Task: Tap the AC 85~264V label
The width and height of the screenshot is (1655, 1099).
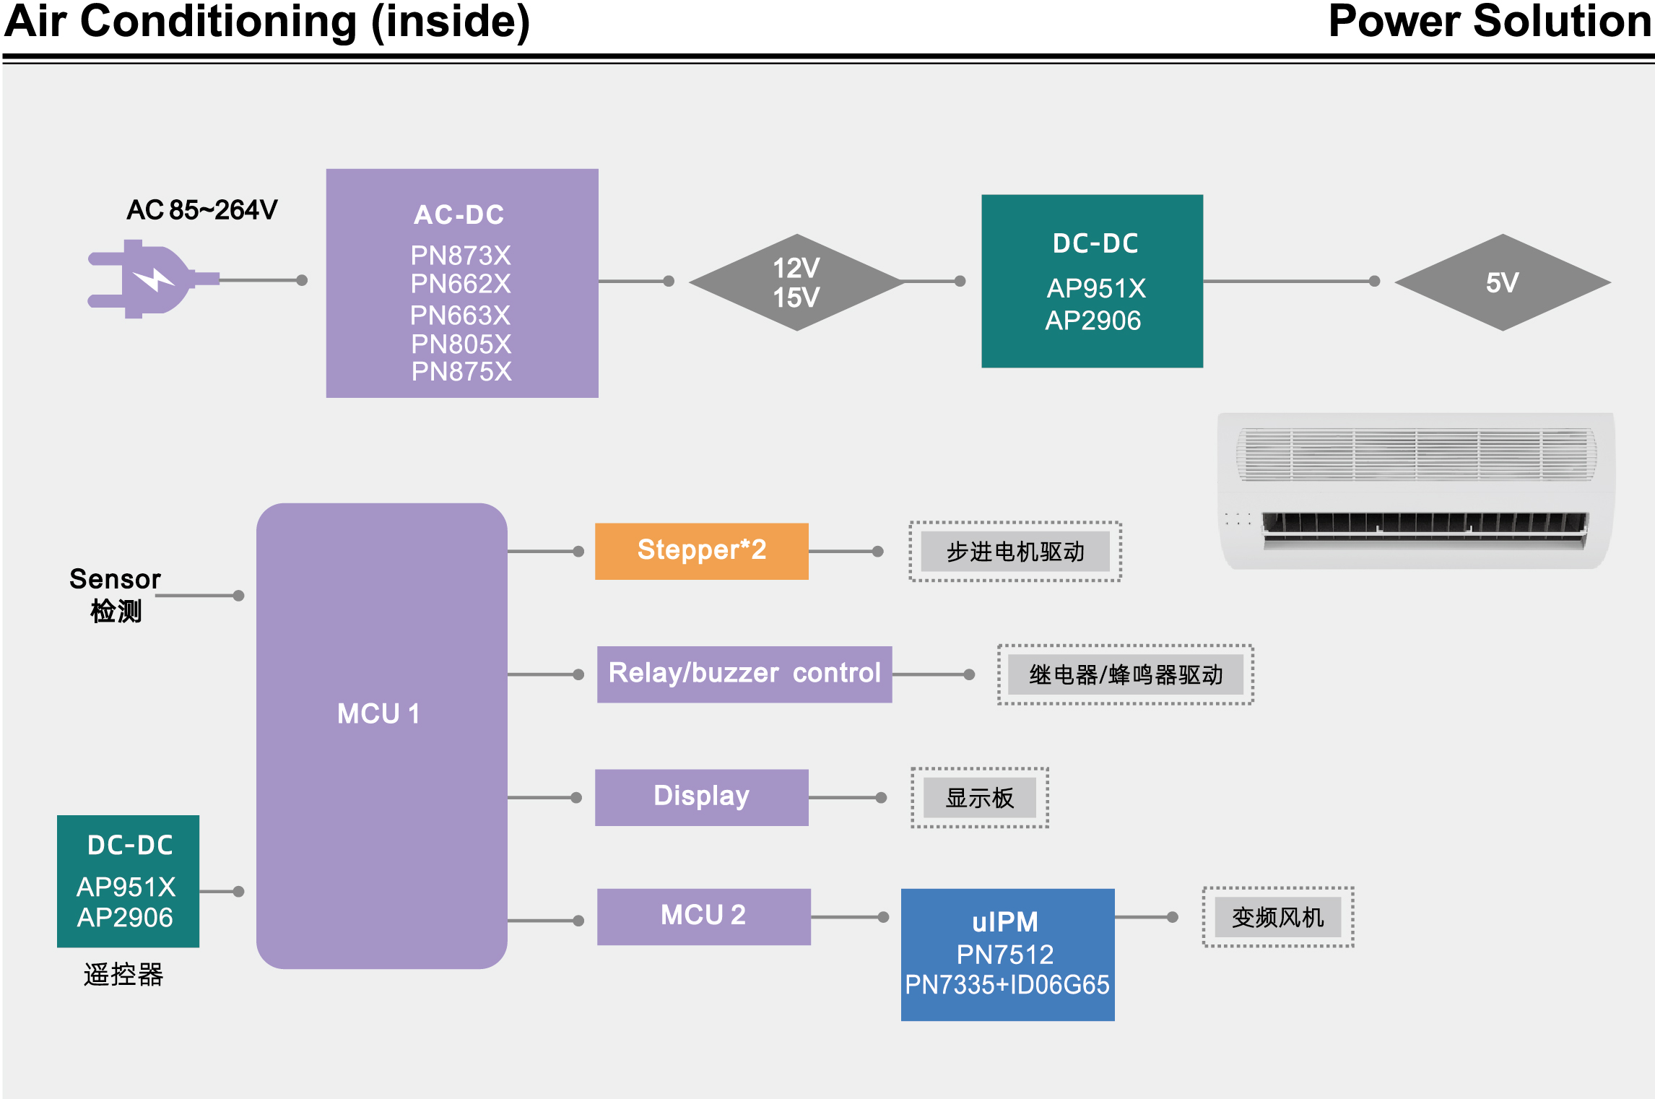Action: pos(201,210)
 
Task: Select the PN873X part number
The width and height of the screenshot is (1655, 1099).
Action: pos(461,256)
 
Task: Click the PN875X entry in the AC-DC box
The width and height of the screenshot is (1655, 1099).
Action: pos(461,372)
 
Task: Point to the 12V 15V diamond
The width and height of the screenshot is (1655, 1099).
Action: pos(796,282)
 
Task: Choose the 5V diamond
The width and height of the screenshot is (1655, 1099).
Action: pos(1503,282)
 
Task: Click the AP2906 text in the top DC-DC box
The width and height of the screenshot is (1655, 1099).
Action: pos(1093,321)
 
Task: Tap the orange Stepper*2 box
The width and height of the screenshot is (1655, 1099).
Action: pos(701,551)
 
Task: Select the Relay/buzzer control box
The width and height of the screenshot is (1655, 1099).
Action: pos(744,674)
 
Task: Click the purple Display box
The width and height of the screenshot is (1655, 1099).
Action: pos(701,796)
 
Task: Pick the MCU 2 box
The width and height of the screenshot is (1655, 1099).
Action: pos(703,916)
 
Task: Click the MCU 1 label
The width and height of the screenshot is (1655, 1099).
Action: pos(378,713)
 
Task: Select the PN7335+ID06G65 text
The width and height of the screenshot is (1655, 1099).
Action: pos(1007,985)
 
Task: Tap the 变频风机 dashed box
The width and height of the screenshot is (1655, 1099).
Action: pos(1277,917)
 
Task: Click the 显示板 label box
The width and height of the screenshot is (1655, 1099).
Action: pos(980,798)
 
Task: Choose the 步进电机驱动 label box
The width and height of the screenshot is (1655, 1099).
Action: pos(1015,552)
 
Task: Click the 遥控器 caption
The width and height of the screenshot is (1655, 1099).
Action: pos(123,975)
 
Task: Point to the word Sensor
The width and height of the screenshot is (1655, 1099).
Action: pos(115,579)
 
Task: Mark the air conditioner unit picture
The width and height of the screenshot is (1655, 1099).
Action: pos(1415,491)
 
